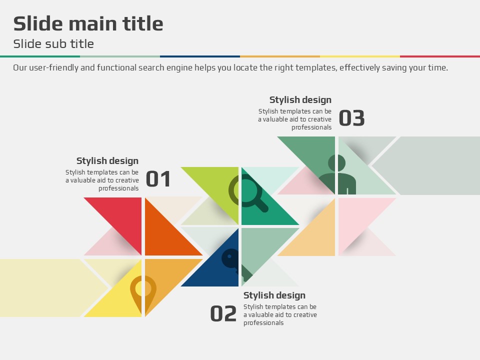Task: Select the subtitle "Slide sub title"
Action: (53, 44)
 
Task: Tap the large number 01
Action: (158, 179)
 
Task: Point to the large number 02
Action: (223, 314)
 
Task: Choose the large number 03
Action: (351, 118)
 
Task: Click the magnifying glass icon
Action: (248, 193)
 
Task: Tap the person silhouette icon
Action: (337, 174)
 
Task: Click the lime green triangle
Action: (219, 186)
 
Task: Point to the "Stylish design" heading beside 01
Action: (107, 160)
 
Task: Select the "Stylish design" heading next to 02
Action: (274, 295)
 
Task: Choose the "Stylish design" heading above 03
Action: (300, 100)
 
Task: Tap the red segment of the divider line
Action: (440, 56)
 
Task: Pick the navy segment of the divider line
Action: (200, 56)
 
